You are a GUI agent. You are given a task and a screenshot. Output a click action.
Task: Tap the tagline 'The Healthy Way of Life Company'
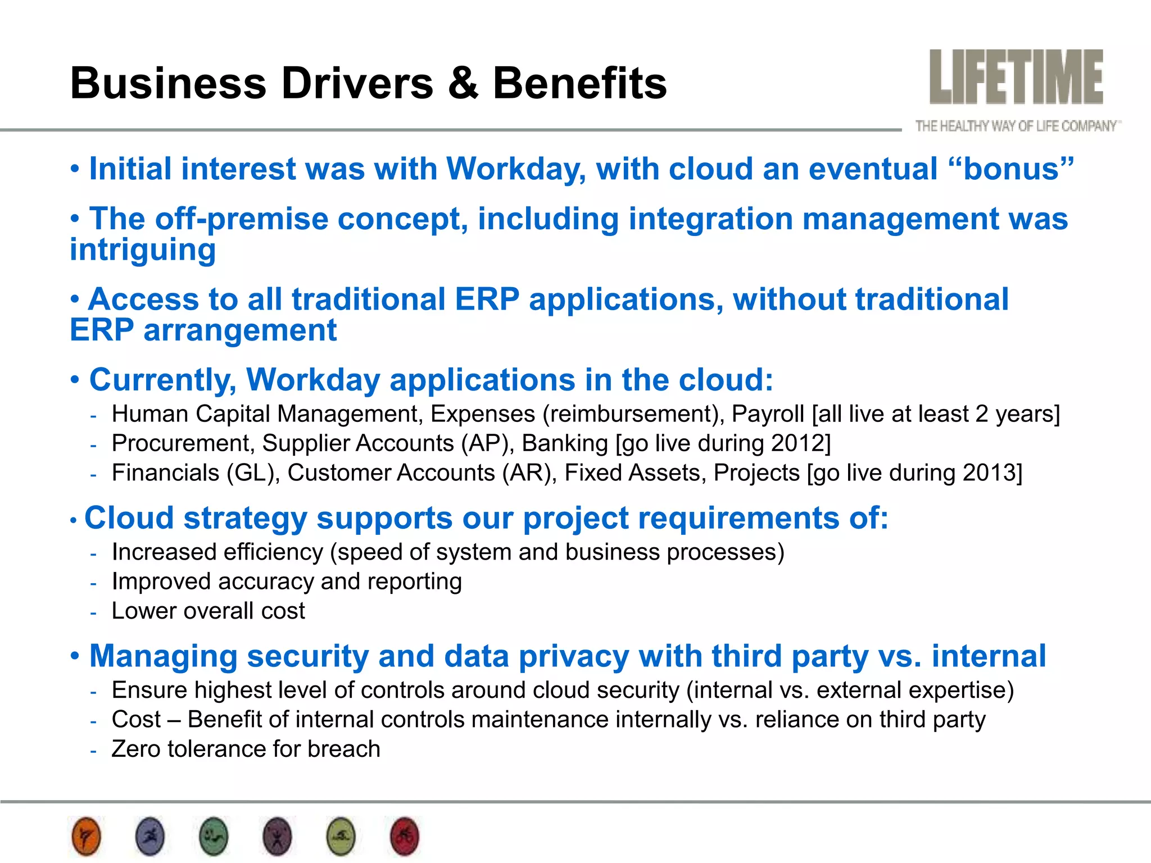click(1016, 126)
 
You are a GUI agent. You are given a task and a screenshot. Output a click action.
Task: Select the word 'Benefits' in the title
click(579, 83)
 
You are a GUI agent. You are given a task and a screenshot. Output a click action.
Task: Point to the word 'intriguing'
click(143, 249)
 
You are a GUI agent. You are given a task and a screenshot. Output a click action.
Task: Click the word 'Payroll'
click(768, 414)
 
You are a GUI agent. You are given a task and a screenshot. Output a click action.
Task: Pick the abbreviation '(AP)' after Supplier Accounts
click(488, 443)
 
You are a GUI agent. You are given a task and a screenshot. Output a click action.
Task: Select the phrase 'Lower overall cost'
click(208, 611)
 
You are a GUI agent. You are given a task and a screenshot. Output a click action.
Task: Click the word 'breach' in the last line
click(344, 750)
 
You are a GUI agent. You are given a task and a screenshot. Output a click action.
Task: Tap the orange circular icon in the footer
click(86, 837)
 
